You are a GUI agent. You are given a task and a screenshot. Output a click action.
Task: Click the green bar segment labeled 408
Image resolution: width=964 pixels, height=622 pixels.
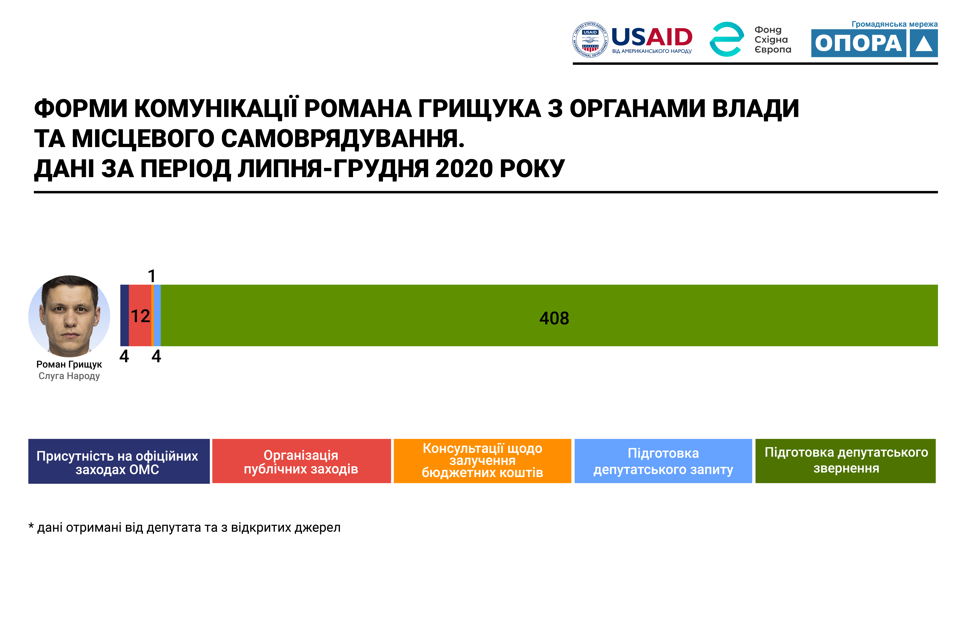pos(549,315)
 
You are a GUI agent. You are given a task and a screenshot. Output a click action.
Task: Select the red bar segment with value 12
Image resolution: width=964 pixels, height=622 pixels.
pos(140,315)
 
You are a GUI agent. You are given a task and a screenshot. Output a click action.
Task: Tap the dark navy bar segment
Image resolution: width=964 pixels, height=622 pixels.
pos(124,315)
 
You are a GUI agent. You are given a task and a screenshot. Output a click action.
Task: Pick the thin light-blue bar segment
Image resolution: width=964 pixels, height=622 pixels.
pos(157,315)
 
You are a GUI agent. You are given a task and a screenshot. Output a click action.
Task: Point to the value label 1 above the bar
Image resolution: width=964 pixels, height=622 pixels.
pos(152,276)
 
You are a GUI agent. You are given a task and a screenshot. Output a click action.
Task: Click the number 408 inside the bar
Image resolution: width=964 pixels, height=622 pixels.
pos(554,318)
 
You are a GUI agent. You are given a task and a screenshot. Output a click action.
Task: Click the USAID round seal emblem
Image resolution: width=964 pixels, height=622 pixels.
pos(590,40)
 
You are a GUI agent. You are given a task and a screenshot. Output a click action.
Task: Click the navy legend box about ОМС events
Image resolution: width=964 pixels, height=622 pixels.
pos(119,461)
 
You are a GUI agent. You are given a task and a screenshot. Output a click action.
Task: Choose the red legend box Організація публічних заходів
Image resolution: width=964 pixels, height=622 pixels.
pos(301,461)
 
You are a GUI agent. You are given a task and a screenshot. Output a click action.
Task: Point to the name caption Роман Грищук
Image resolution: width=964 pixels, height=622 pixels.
pos(69,364)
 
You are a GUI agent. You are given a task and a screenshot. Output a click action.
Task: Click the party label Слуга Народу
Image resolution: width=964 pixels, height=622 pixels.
pos(69,376)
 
